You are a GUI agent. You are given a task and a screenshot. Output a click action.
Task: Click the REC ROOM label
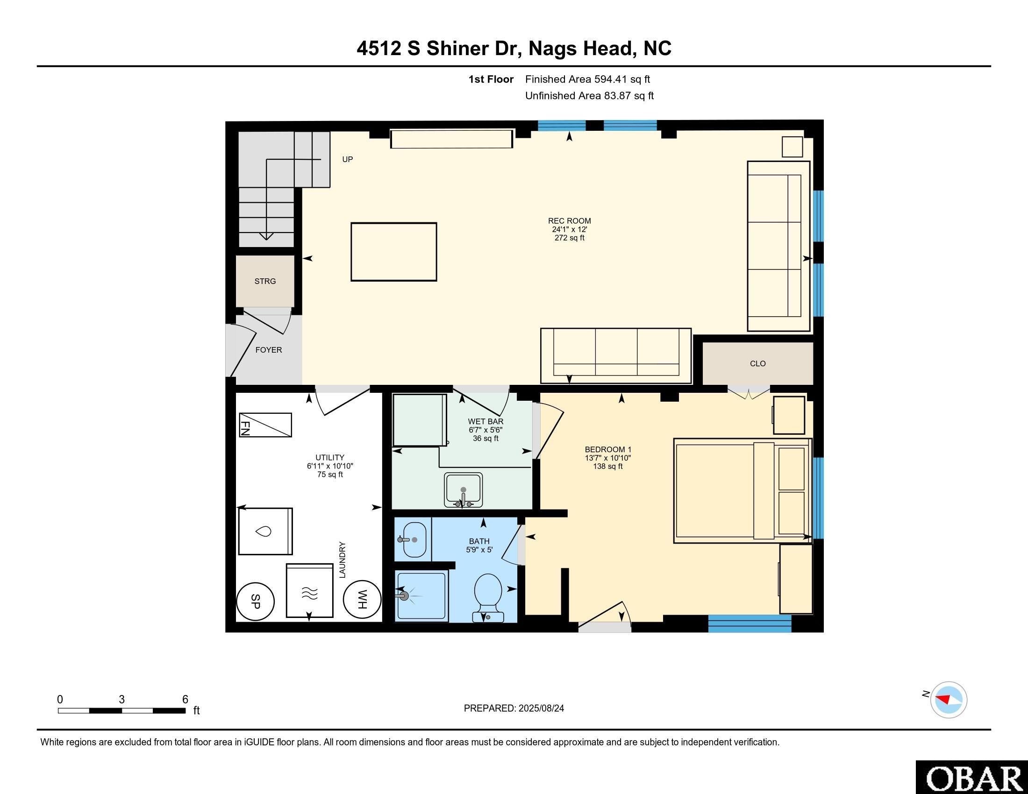point(569,221)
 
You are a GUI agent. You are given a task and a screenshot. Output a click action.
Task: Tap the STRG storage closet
point(265,281)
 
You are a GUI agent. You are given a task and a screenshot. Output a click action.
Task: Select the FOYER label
point(269,350)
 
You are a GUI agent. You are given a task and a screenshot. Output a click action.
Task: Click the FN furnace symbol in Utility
point(265,425)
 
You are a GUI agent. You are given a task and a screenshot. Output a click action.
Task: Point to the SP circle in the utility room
point(255,601)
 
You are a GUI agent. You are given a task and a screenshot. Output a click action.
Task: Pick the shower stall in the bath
point(421,596)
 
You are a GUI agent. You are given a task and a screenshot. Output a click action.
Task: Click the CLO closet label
point(757,363)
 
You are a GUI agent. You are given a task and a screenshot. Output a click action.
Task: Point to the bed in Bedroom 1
point(742,490)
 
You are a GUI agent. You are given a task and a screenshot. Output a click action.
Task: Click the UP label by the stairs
point(347,159)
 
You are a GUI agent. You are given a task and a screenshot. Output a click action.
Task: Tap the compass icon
point(949,700)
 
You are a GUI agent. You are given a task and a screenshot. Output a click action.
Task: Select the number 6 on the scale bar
point(185,699)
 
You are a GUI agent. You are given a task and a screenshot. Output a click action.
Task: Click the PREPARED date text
point(514,709)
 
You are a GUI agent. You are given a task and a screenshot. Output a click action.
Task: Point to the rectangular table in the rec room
point(393,252)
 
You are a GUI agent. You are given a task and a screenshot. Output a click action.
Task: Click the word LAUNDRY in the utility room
point(342,560)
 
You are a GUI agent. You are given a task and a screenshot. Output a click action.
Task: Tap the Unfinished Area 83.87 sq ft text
point(589,96)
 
